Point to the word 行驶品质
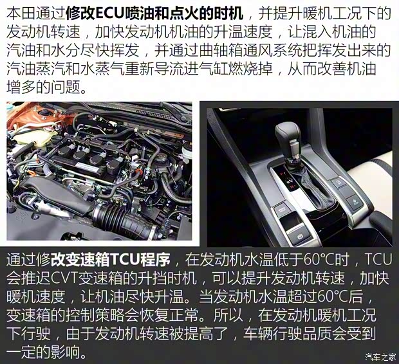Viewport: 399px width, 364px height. point(312,335)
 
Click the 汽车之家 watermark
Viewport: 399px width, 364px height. point(378,356)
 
